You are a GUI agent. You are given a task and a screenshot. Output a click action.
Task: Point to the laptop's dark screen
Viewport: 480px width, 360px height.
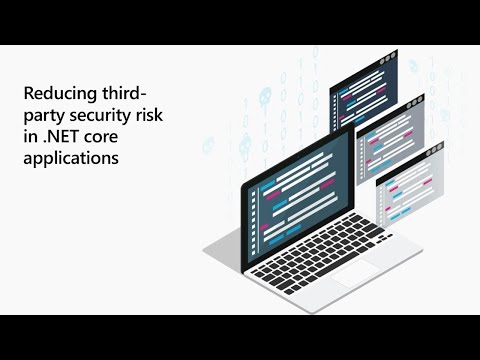[300, 185]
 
